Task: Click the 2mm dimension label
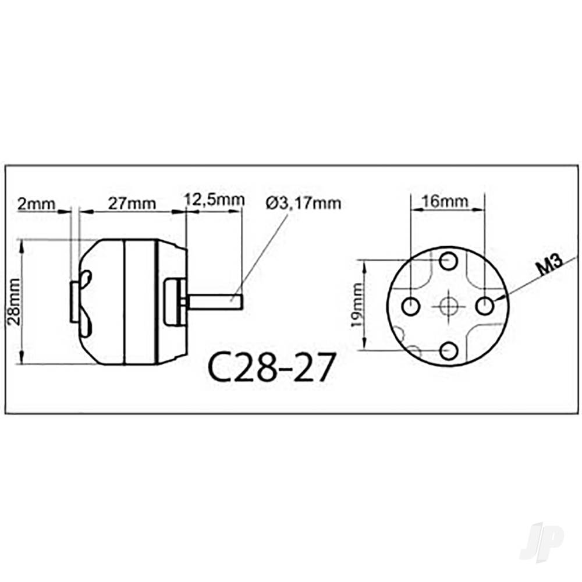point(36,204)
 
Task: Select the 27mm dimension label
point(132,204)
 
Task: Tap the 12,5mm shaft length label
point(214,200)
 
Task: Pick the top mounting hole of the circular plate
point(448,260)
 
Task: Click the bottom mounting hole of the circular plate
point(448,350)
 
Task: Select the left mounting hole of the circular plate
point(411,304)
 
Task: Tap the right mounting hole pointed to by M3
point(485,304)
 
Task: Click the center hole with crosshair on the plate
point(448,304)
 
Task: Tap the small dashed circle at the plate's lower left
point(413,350)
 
